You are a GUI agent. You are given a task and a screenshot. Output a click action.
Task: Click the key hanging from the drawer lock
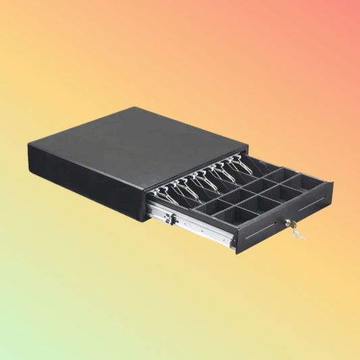pyautogui.click(x=297, y=234)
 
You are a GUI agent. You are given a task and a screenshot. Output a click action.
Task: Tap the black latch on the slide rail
pyautogui.click(x=173, y=218)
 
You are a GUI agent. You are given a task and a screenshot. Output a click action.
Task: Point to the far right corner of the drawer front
pyautogui.click(x=332, y=182)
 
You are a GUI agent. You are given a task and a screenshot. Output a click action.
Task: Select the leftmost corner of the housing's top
pyautogui.click(x=28, y=143)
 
